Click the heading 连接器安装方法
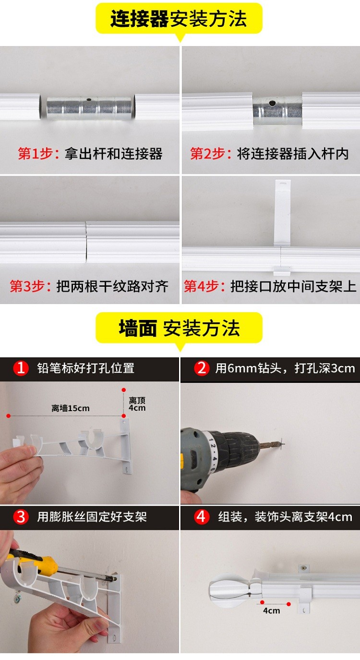179,19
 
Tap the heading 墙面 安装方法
179,328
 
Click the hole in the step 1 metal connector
89,100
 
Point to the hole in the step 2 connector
272,103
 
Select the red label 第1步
36,154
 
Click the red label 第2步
208,154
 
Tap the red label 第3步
28,286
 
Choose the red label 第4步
202,286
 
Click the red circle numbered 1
21,368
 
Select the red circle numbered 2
202,368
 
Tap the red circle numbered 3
21,516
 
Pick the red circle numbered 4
202,516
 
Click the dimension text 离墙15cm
71,408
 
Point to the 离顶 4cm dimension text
137,404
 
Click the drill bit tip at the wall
281,441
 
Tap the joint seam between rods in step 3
86,242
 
